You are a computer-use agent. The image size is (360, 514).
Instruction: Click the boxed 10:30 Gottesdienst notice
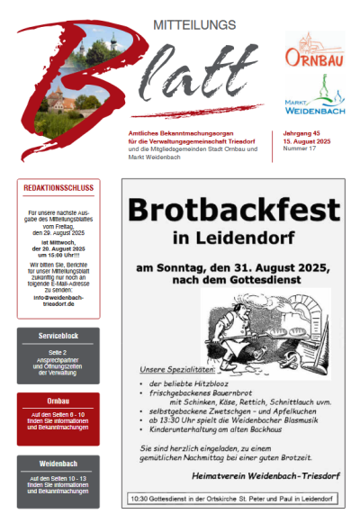tap(232, 498)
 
